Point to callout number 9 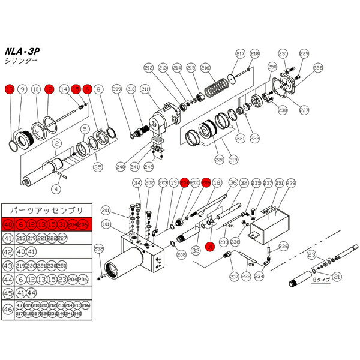pos(22,89)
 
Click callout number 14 pos(64,89)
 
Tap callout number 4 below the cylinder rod pos(56,188)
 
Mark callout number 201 pos(106,210)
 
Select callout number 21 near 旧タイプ pos(337,277)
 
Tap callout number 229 pos(304,54)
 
